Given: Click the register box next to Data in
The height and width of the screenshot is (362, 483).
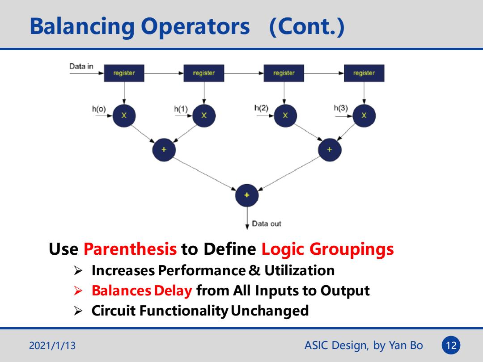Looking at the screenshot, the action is coord(124,73).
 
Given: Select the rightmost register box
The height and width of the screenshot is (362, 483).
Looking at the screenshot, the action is coord(364,73).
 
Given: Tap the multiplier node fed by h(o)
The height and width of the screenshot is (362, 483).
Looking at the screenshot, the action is coord(124,115).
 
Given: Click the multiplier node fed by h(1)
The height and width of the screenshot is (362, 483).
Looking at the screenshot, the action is coord(204,115).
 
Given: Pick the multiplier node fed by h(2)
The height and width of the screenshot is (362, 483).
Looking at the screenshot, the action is coord(285,115).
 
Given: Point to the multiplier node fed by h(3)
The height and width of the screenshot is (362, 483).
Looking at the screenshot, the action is coord(364,115).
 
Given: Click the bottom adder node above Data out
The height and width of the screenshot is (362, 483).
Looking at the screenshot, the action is coord(247,195).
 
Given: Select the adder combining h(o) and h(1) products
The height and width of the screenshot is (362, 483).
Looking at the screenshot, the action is coord(164,150).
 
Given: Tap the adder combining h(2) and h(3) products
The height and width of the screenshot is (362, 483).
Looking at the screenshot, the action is coord(330,150).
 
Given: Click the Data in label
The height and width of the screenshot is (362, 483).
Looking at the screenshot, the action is coord(81,66).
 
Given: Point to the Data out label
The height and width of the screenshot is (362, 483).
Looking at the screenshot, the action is coord(267,223).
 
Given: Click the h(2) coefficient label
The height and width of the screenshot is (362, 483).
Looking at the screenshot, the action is coord(261,108).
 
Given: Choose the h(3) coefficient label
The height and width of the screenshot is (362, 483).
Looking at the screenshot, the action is coord(341,108).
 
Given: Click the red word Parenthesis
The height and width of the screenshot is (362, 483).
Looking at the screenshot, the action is coord(130,249).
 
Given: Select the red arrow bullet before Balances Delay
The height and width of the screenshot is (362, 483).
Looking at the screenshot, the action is coord(78,290).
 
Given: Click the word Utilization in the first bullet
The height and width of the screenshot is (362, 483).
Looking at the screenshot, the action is coord(299,270).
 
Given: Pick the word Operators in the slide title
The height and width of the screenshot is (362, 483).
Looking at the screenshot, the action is coord(195,26).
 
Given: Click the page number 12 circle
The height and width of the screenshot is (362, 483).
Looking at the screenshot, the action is coord(451,345).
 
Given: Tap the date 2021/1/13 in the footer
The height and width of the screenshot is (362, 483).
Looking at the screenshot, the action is coord(52,345).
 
